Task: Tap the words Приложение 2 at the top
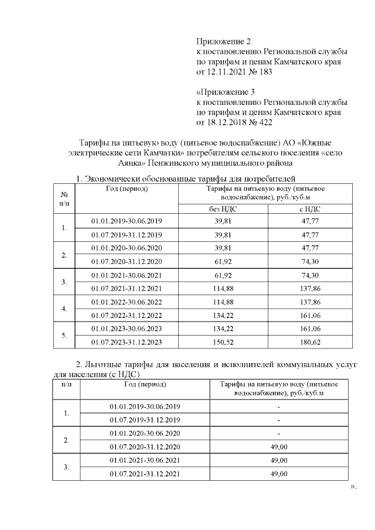tap(223, 42)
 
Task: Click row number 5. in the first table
tap(64, 336)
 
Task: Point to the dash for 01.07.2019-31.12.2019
tap(279, 420)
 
